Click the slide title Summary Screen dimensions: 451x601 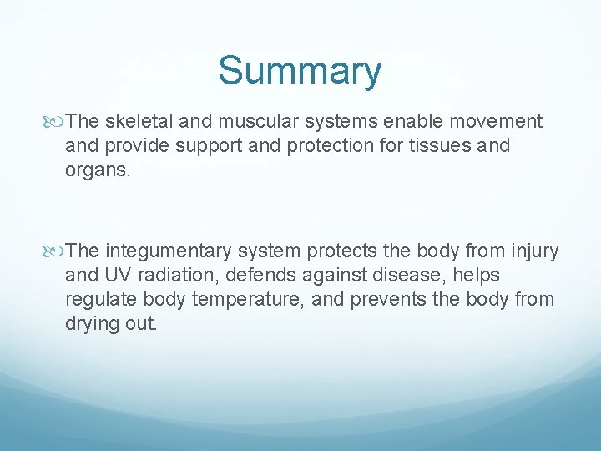pos(300,71)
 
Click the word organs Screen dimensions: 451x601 pos(97,170)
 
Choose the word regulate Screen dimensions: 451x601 pos(98,299)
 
